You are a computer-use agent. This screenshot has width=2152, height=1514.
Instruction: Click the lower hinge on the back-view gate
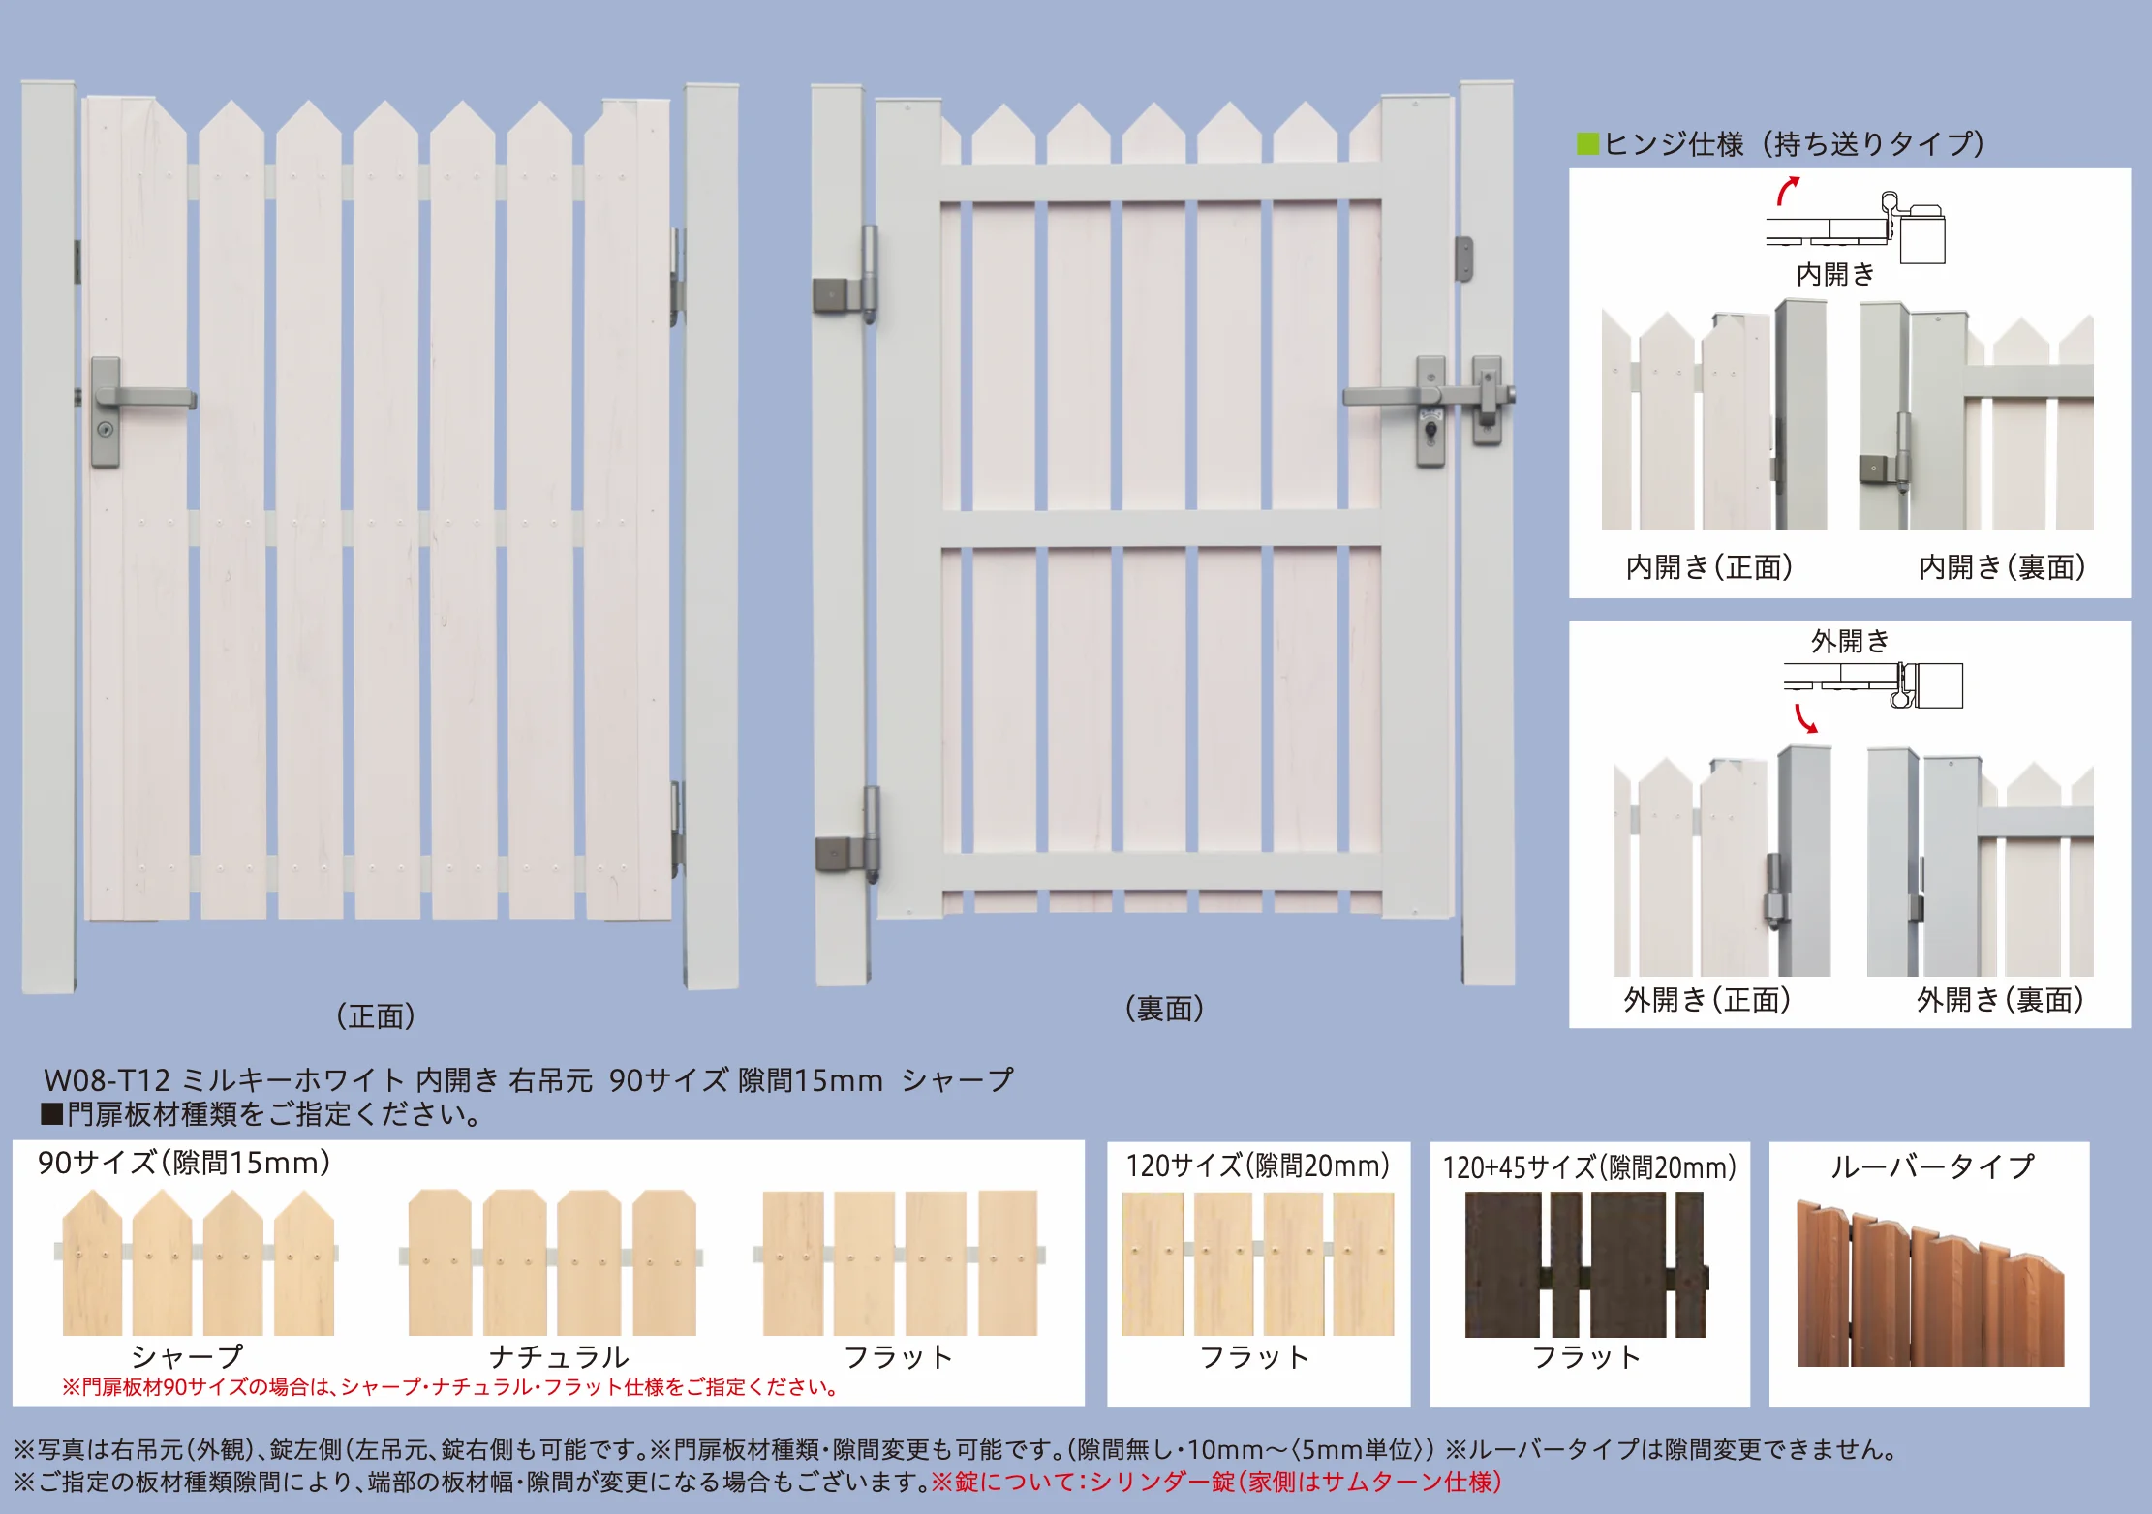click(x=848, y=836)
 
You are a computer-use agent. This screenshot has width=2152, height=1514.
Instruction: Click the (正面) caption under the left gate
click(x=376, y=1016)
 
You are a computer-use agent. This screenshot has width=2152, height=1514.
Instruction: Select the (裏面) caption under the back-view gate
click(x=1164, y=1009)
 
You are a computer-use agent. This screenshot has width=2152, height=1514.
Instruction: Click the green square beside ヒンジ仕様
click(x=1587, y=144)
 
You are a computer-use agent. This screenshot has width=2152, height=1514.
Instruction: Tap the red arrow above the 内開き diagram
click(x=1788, y=190)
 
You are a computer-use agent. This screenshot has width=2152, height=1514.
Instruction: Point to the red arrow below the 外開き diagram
click(x=1805, y=718)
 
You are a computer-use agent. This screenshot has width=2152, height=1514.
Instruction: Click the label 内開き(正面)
click(x=1709, y=567)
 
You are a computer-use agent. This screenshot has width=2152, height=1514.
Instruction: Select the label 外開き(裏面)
click(x=2001, y=1000)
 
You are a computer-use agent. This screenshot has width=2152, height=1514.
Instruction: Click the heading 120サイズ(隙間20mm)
click(x=1258, y=1166)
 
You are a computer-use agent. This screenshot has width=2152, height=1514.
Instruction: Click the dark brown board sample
click(x=1585, y=1264)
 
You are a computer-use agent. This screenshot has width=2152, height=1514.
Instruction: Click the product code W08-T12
click(x=107, y=1080)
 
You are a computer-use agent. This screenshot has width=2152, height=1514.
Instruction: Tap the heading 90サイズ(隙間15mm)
click(x=184, y=1163)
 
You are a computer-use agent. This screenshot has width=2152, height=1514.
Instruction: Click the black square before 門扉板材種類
click(x=51, y=1114)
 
